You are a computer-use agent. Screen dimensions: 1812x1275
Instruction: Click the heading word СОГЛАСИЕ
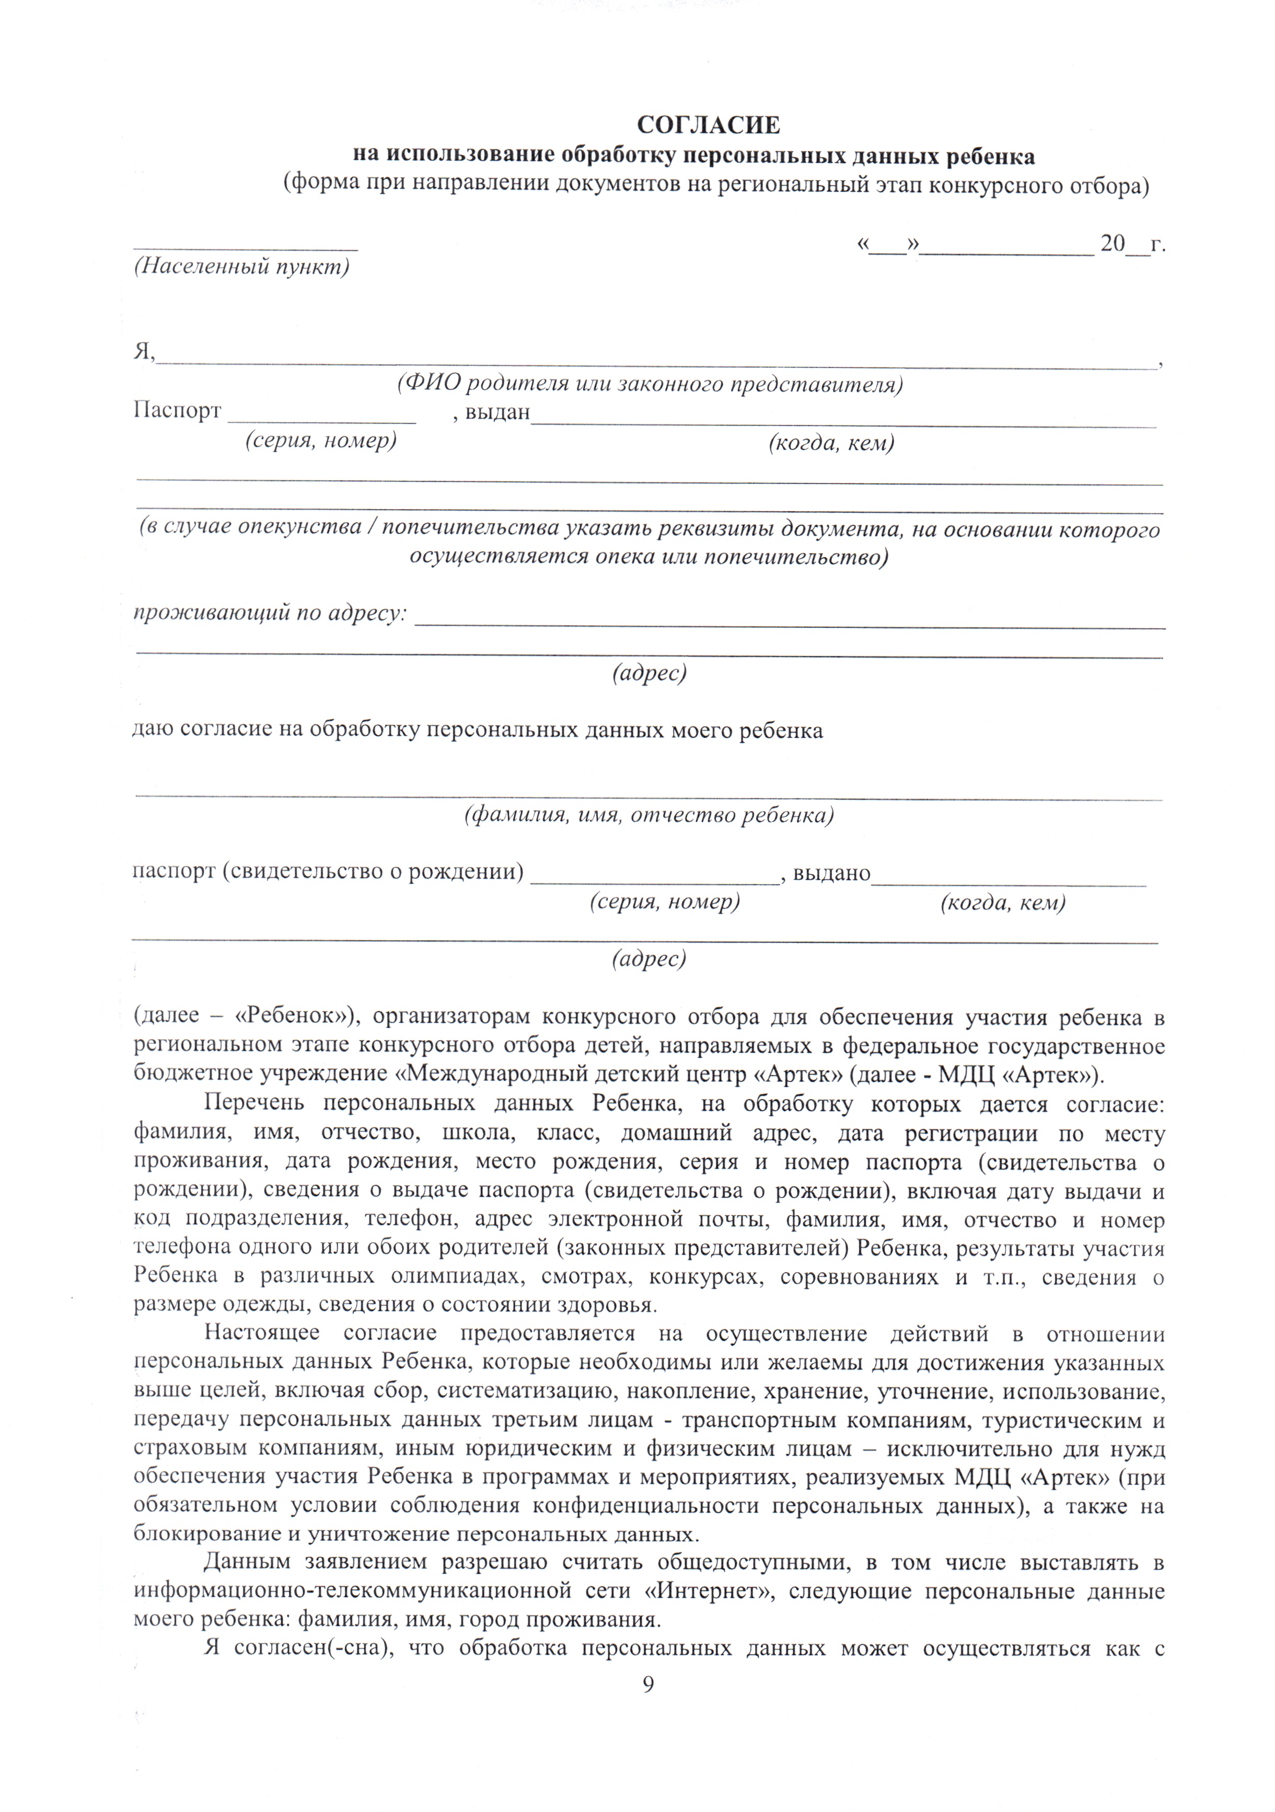pos(708,125)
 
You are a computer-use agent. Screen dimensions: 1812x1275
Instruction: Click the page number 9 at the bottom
pos(648,1683)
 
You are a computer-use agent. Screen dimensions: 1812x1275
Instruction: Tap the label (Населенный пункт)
pos(241,267)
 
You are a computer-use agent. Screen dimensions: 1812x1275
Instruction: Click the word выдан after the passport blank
pos(496,412)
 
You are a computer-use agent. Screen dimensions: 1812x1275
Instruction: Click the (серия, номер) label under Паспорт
pos(320,441)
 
